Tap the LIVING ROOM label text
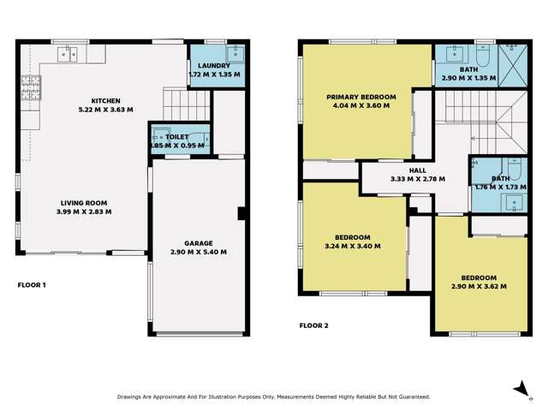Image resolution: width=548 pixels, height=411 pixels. point(84,202)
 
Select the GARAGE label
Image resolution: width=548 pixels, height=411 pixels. point(199,243)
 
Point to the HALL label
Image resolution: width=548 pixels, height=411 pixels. point(418,170)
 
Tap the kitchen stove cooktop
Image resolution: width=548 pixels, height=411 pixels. point(31,84)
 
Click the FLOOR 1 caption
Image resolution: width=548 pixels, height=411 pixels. point(32,283)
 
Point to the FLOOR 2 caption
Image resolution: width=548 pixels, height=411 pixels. point(313,325)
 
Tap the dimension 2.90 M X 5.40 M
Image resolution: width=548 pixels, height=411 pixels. point(199,253)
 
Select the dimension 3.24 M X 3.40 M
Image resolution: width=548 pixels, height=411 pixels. point(353,246)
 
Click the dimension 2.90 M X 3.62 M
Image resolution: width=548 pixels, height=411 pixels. point(479,287)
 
